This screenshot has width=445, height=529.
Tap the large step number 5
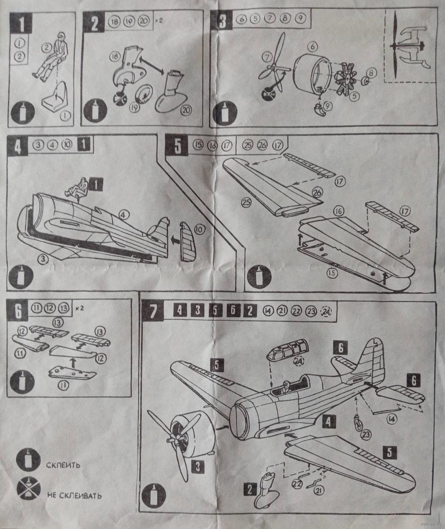click(x=178, y=146)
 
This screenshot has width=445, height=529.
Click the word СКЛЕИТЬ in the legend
click(x=63, y=466)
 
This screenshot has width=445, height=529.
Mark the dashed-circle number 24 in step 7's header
click(x=328, y=311)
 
